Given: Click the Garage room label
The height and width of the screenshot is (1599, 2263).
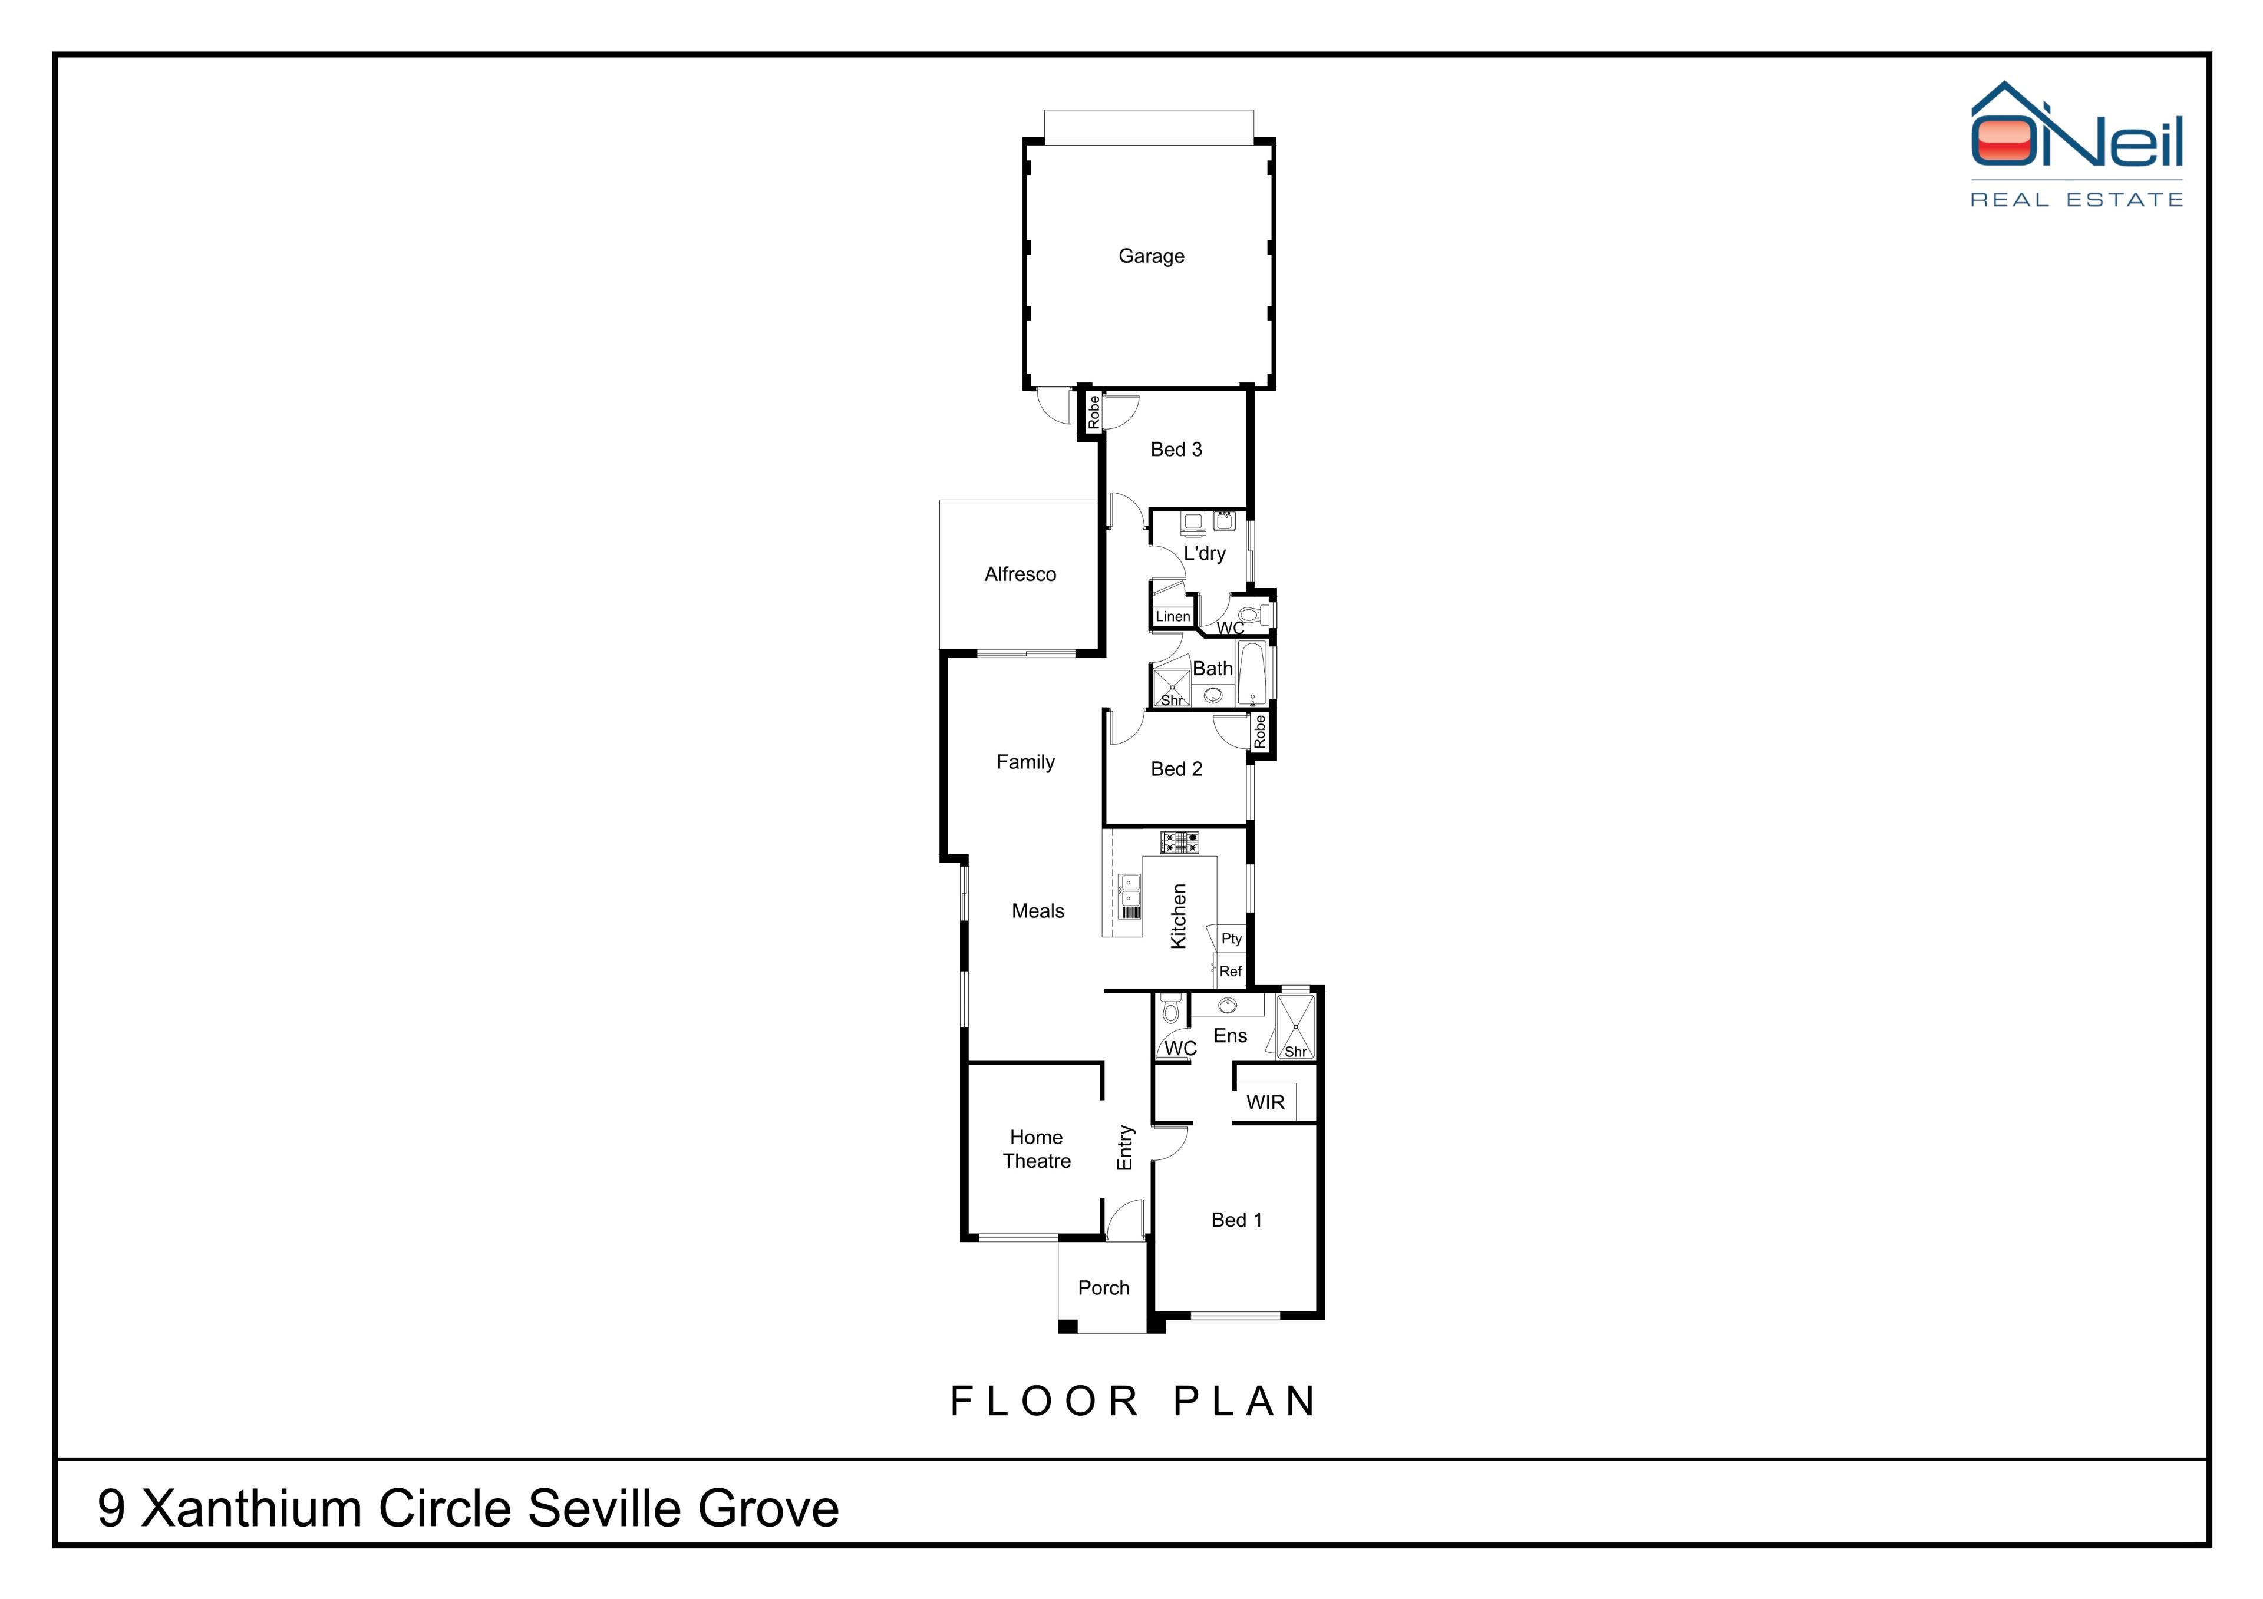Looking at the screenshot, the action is click(1151, 256).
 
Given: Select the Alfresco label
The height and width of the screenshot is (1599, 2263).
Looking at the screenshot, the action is click(1020, 574).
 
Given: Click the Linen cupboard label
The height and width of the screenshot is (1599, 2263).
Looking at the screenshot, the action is click(1173, 617).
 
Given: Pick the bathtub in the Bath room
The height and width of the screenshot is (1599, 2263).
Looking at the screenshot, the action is click(1252, 674).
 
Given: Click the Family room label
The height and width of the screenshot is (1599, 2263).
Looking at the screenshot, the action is click(1025, 762).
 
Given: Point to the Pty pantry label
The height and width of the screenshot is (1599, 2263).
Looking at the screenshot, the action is click(1231, 939).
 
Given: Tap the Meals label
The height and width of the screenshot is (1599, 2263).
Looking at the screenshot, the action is click(1038, 911).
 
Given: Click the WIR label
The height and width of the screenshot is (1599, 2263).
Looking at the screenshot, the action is click(1265, 1102).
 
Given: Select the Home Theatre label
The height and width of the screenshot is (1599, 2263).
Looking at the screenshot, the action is click(1037, 1149).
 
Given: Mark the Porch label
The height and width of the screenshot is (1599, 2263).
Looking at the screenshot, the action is click(1104, 1288).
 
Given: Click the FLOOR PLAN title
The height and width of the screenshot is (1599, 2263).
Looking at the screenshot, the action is click(1133, 1401).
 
